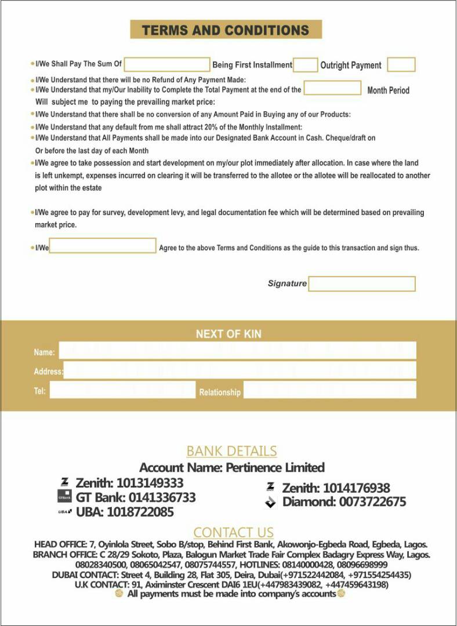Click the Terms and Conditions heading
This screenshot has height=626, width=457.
(226, 30)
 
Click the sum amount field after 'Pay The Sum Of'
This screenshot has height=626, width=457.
(166, 64)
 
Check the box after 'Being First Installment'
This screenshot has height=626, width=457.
(305, 65)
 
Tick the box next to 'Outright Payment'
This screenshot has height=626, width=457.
(401, 65)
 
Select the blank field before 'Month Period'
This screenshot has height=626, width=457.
(332, 88)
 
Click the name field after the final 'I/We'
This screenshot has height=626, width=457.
(103, 246)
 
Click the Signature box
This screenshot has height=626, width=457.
(362, 283)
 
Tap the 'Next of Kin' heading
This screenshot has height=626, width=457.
(228, 334)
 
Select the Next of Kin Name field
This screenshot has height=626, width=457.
(238, 351)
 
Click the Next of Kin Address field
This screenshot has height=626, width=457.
(240, 370)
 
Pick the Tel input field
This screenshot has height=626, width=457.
(122, 390)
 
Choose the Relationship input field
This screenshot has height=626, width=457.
(329, 390)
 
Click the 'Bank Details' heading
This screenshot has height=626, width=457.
(231, 451)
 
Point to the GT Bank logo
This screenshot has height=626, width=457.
(64, 497)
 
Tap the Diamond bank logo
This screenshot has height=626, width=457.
(270, 502)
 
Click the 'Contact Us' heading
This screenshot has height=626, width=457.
(233, 532)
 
